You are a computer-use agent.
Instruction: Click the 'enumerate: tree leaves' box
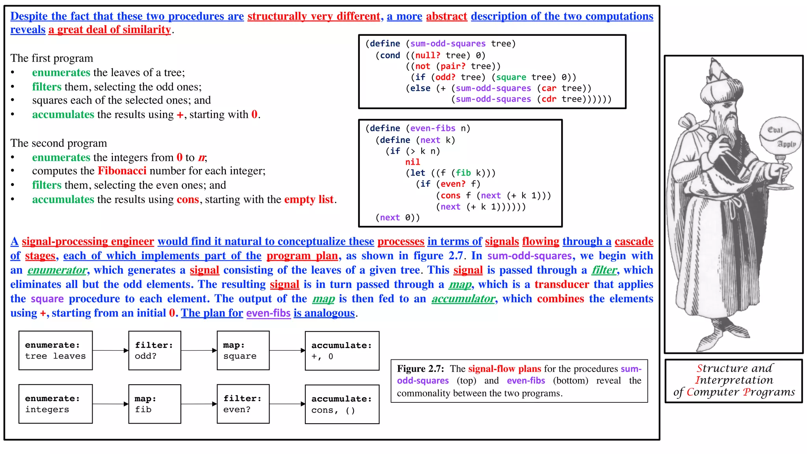(x=56, y=350)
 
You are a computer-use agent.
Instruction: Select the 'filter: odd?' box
(x=155, y=350)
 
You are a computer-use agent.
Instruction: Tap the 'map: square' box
(x=243, y=350)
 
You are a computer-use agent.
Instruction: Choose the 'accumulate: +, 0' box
(x=342, y=351)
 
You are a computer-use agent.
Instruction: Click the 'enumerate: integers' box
(x=56, y=404)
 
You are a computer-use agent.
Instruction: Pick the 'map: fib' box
(x=155, y=404)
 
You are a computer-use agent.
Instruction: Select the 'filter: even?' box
(x=243, y=404)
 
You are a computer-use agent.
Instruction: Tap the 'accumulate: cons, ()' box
(x=342, y=404)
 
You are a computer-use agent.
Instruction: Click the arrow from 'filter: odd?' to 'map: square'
(x=199, y=350)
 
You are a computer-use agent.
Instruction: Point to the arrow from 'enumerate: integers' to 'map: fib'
(x=111, y=404)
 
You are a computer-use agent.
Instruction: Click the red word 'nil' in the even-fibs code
(x=413, y=162)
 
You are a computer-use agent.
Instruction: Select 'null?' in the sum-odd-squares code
(x=428, y=55)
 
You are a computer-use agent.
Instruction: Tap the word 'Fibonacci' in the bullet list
(x=122, y=171)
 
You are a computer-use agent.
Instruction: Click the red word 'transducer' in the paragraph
(x=562, y=284)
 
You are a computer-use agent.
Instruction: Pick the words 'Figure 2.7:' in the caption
(x=420, y=368)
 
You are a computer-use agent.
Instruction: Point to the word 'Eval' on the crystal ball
(x=775, y=130)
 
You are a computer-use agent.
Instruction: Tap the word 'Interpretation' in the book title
(x=734, y=380)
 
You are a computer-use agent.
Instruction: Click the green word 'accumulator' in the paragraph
(x=463, y=299)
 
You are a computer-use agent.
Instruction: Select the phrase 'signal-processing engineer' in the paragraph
(x=88, y=241)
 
